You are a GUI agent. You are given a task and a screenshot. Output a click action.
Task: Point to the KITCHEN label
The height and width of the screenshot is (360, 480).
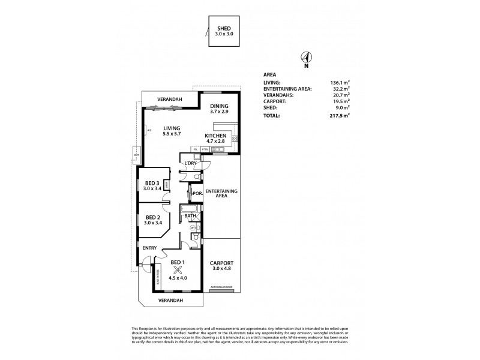point(215,136)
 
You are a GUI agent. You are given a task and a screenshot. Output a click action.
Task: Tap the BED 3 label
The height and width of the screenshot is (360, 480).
point(152,183)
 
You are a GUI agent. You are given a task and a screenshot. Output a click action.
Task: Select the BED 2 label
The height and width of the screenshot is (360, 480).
point(152,217)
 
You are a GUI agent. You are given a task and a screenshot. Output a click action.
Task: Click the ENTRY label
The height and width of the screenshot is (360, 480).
point(149,247)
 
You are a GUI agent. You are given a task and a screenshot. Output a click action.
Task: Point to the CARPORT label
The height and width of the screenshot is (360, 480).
point(221,263)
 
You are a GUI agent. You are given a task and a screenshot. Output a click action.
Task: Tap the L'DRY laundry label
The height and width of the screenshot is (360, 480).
point(192,163)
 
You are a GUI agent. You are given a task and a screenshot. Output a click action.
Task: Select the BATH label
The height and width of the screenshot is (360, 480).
point(190,216)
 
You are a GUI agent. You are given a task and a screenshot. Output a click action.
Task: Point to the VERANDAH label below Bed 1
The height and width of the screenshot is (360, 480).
point(172,299)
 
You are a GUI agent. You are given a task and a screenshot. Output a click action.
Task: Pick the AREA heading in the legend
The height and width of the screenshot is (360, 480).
point(270,75)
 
